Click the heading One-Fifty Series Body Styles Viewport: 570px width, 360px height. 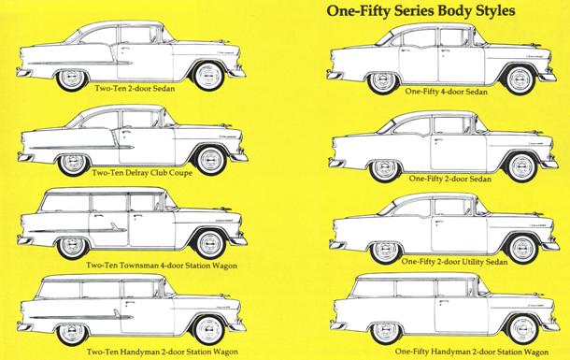[x=420, y=10]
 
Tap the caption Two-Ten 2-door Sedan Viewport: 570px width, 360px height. [x=135, y=88]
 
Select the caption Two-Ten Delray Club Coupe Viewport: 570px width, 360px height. [x=142, y=172]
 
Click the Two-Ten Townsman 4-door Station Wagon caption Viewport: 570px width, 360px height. [x=162, y=266]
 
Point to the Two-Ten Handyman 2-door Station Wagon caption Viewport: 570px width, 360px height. [x=163, y=352]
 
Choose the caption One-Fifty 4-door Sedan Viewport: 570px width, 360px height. [x=446, y=92]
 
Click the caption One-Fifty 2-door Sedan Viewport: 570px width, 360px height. [x=450, y=179]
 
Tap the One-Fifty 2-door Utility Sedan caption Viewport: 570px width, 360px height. [x=454, y=262]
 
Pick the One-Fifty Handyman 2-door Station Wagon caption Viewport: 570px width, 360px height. [x=472, y=352]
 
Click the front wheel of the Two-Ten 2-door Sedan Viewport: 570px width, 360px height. [x=208, y=76]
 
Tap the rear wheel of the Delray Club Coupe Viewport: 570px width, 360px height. [x=73, y=163]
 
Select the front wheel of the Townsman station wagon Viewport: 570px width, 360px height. [x=209, y=243]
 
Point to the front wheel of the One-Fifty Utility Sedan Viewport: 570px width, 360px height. [x=522, y=249]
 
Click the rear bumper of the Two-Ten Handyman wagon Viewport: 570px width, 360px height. [x=24, y=326]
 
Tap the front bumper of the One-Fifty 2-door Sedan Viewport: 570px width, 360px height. [x=549, y=164]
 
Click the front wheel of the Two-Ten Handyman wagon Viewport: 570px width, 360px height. [x=209, y=330]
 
